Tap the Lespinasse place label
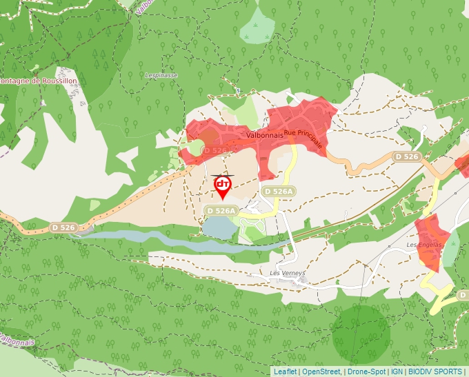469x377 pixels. [161, 75]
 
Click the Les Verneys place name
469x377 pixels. [288, 273]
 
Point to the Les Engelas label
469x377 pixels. [423, 245]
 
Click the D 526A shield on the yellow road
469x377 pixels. [278, 191]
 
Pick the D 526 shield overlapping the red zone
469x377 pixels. [216, 150]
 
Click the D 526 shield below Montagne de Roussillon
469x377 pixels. [63, 227]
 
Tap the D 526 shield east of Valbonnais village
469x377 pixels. [407, 157]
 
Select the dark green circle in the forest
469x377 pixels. [361, 334]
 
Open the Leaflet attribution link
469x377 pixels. [285, 371]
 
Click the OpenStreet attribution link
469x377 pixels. [321, 371]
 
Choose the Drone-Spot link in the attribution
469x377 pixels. [366, 371]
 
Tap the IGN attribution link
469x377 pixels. [397, 371]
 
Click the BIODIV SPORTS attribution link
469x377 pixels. [435, 371]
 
